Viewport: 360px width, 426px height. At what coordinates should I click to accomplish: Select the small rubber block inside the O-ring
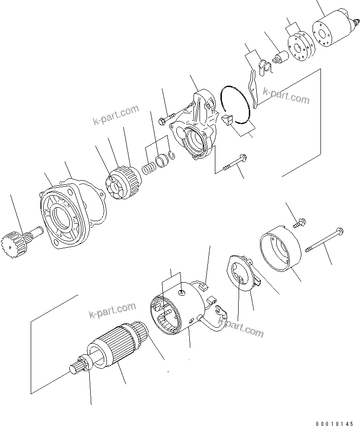click(x=227, y=120)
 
